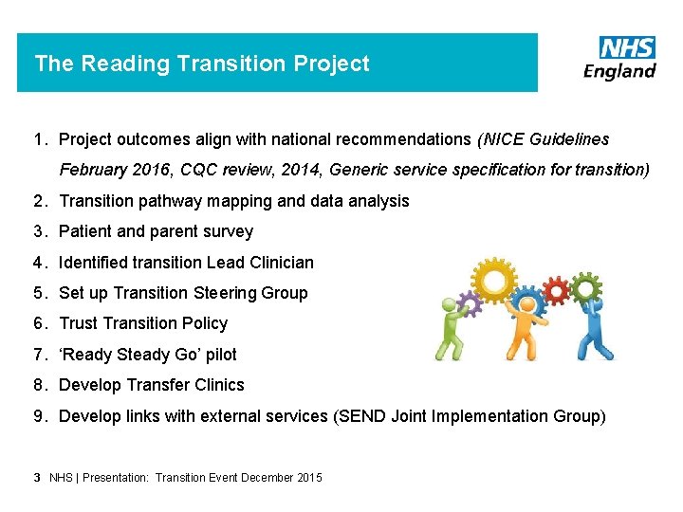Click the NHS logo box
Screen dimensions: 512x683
point(627,47)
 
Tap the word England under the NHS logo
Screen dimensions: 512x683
point(619,72)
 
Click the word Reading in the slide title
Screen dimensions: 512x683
point(118,64)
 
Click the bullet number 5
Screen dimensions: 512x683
point(38,293)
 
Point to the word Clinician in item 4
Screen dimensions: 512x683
point(282,263)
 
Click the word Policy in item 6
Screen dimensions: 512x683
point(205,323)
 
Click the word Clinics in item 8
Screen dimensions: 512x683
point(217,385)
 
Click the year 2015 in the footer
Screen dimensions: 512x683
point(308,478)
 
